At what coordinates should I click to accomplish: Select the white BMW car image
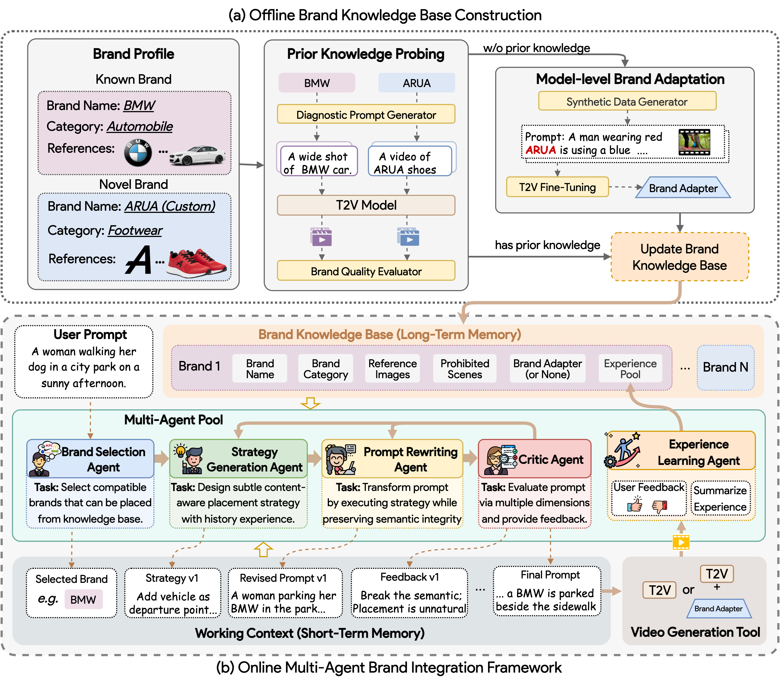point(197,155)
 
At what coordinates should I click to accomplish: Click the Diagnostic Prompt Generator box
point(366,114)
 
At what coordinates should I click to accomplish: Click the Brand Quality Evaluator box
point(366,271)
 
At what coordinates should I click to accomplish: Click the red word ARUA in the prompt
point(540,150)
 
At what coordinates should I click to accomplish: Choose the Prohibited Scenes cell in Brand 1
point(464,369)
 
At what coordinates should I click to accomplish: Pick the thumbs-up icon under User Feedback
point(635,505)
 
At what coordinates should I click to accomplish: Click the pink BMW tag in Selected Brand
point(83,600)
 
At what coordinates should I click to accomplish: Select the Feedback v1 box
point(409,593)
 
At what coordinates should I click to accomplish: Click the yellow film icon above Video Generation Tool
point(681,542)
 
